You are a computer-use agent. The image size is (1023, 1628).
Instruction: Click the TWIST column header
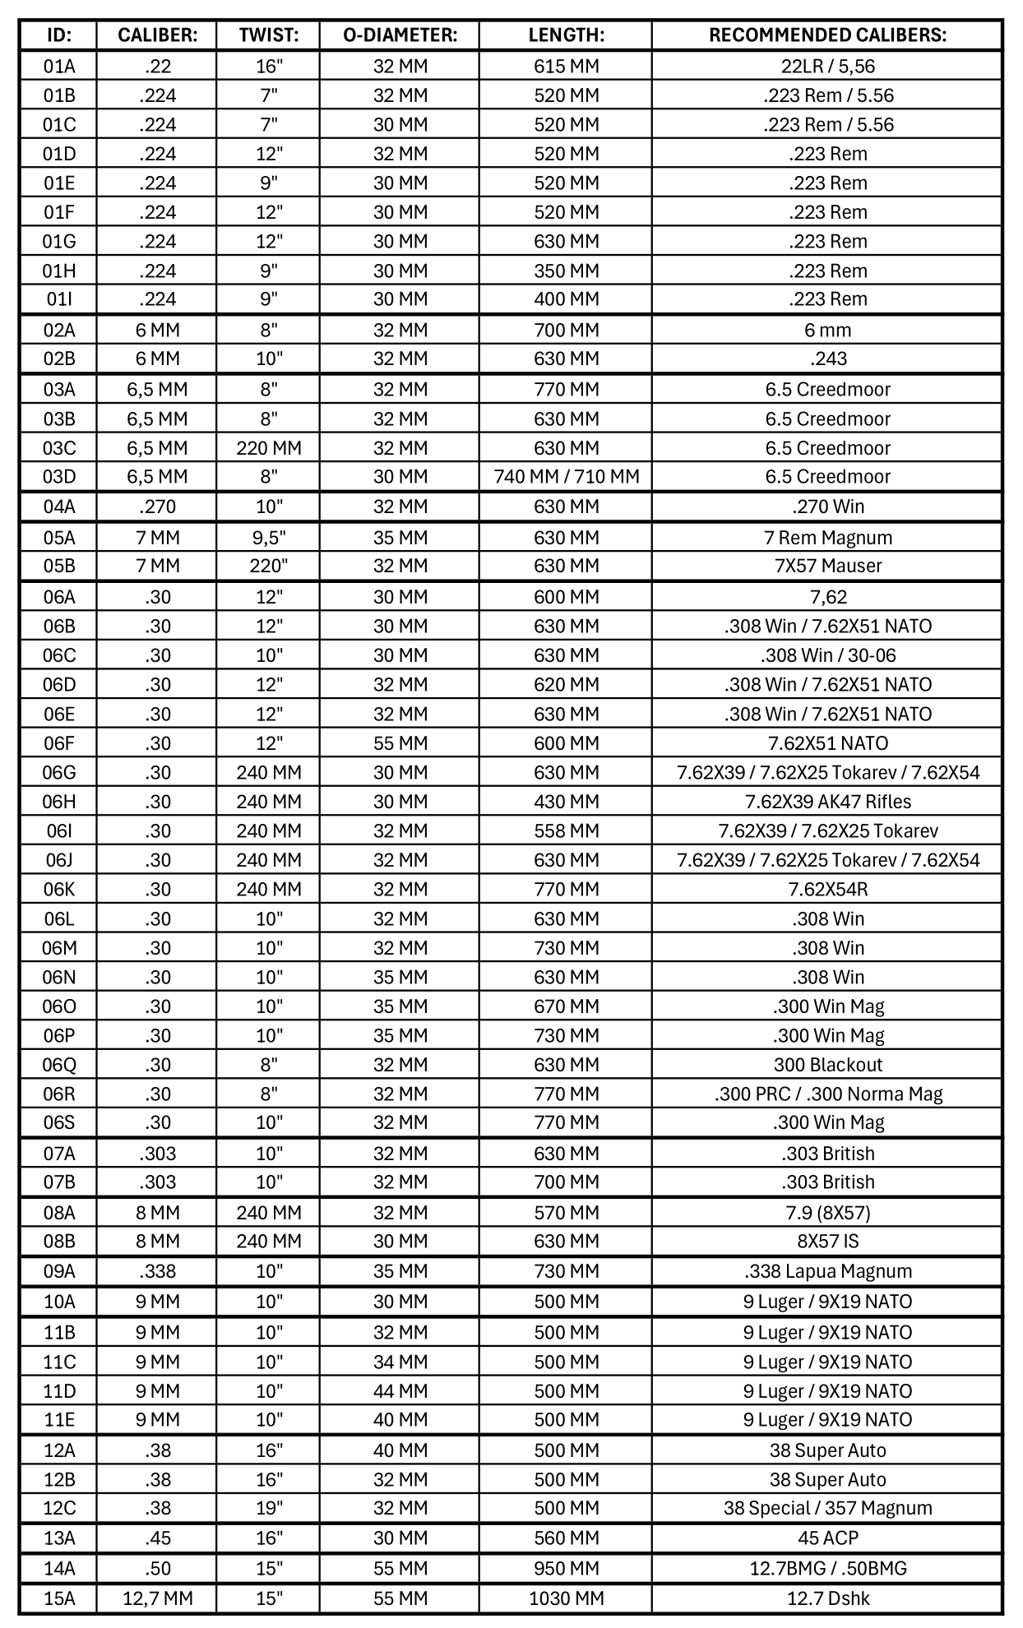pyautogui.click(x=268, y=35)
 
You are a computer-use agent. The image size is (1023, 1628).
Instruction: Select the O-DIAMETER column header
pyautogui.click(x=400, y=35)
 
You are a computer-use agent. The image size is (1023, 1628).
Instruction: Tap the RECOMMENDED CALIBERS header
pyautogui.click(x=827, y=35)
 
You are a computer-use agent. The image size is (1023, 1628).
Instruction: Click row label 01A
pyautogui.click(x=59, y=67)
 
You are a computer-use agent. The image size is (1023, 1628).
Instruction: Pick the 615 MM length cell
pyautogui.click(x=566, y=67)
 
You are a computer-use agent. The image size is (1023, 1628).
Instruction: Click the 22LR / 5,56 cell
pyautogui.click(x=827, y=67)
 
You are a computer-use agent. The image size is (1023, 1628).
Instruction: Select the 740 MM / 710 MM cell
pyautogui.click(x=566, y=477)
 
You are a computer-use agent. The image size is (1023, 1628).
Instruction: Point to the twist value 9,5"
pyautogui.click(x=268, y=538)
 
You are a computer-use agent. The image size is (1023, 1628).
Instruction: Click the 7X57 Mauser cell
pyautogui.click(x=827, y=566)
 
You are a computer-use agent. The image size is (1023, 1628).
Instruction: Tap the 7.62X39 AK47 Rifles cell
pyautogui.click(x=827, y=802)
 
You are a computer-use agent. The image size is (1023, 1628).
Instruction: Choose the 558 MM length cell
pyautogui.click(x=566, y=831)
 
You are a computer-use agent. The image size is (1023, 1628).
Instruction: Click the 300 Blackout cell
pyautogui.click(x=827, y=1065)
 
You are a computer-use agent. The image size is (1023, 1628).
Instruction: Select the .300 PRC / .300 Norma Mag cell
pyautogui.click(x=827, y=1094)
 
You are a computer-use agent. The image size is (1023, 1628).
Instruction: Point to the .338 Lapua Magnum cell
pyautogui.click(x=827, y=1271)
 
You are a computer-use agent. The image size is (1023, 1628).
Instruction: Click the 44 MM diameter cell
pyautogui.click(x=400, y=1391)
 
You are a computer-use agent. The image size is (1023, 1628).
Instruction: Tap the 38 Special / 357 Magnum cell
pyautogui.click(x=827, y=1508)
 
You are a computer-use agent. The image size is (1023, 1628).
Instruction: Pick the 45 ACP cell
pyautogui.click(x=827, y=1538)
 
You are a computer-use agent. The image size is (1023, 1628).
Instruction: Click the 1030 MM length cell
pyautogui.click(x=566, y=1598)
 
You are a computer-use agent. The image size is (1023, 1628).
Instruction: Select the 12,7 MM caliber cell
pyautogui.click(x=157, y=1598)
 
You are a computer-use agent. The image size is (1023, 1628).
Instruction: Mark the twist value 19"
pyautogui.click(x=268, y=1508)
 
